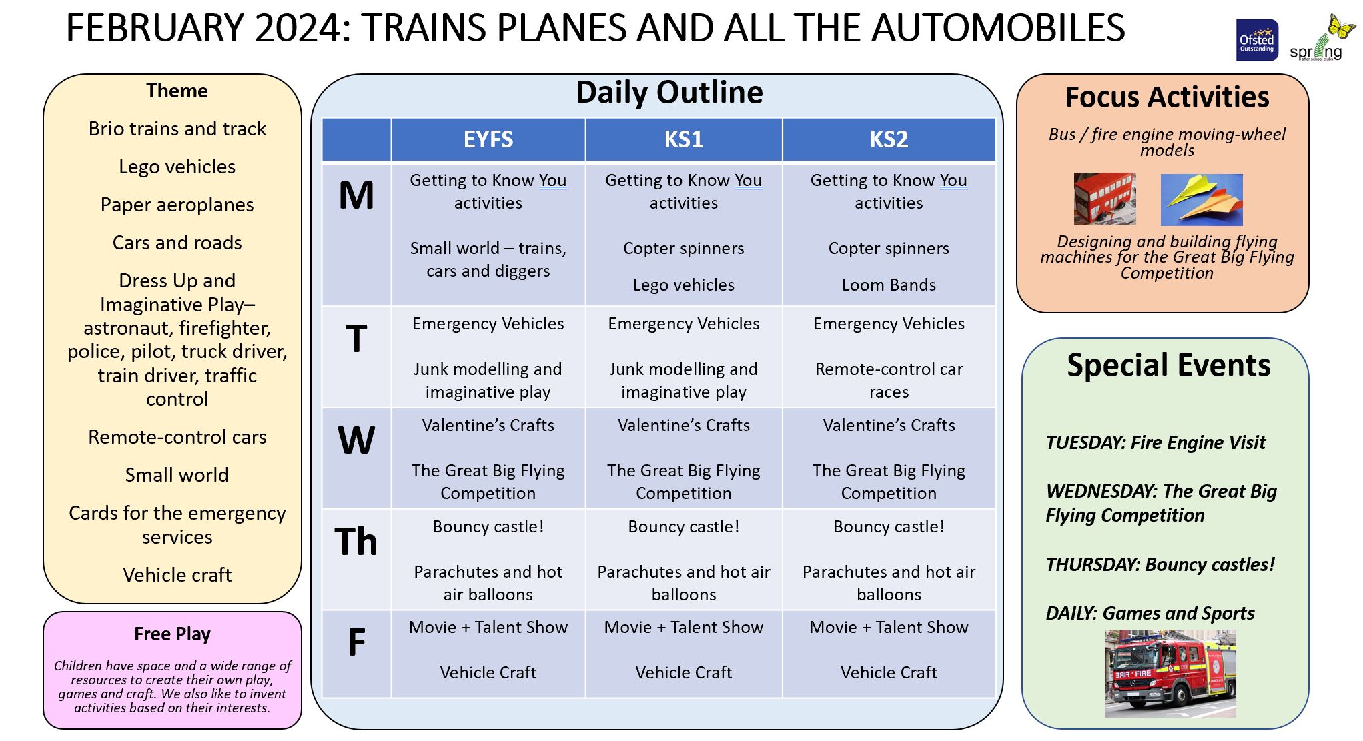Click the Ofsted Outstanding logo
coord(1257,40)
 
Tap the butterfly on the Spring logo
coord(1341,27)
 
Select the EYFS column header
coord(488,139)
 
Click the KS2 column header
coord(888,139)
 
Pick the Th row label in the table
coord(356,541)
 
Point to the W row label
coord(356,440)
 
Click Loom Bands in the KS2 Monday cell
coord(888,285)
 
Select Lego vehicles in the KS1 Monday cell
coord(683,285)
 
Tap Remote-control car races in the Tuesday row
coord(888,380)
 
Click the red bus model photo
coord(1104,199)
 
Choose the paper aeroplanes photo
coord(1201,199)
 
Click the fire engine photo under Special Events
coord(1170,674)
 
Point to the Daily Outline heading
coord(669,92)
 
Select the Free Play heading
coord(172,634)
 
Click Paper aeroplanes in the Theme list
coord(177,205)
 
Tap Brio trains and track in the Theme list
coord(177,129)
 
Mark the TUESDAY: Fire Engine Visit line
coord(1155,443)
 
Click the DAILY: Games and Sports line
coord(1150,614)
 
